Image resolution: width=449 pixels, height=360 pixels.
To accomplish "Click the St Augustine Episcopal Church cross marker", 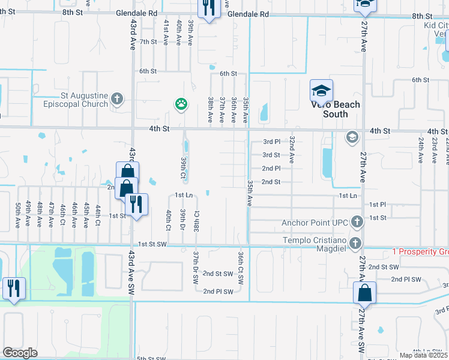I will point(117,98).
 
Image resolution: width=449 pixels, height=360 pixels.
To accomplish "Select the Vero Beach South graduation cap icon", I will point(321,91).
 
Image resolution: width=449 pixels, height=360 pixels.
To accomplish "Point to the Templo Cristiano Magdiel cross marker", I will point(355,242).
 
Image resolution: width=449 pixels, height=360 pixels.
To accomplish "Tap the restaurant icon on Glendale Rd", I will point(208,9).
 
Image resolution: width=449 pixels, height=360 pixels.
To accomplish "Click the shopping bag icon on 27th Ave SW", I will point(364,293).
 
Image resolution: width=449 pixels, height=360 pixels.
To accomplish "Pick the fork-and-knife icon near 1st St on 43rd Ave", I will point(137,204).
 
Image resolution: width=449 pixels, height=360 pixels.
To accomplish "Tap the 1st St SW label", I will point(151,244).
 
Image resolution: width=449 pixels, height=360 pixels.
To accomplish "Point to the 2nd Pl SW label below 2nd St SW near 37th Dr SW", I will point(217,291).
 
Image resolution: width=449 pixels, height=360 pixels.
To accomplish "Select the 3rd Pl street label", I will point(271,142).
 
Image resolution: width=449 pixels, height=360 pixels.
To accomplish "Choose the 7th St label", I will point(148,41).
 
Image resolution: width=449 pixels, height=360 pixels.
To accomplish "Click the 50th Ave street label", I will point(17,214).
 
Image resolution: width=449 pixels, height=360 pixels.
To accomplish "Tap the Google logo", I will point(20,353).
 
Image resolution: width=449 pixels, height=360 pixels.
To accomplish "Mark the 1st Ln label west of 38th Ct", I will point(183,195).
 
